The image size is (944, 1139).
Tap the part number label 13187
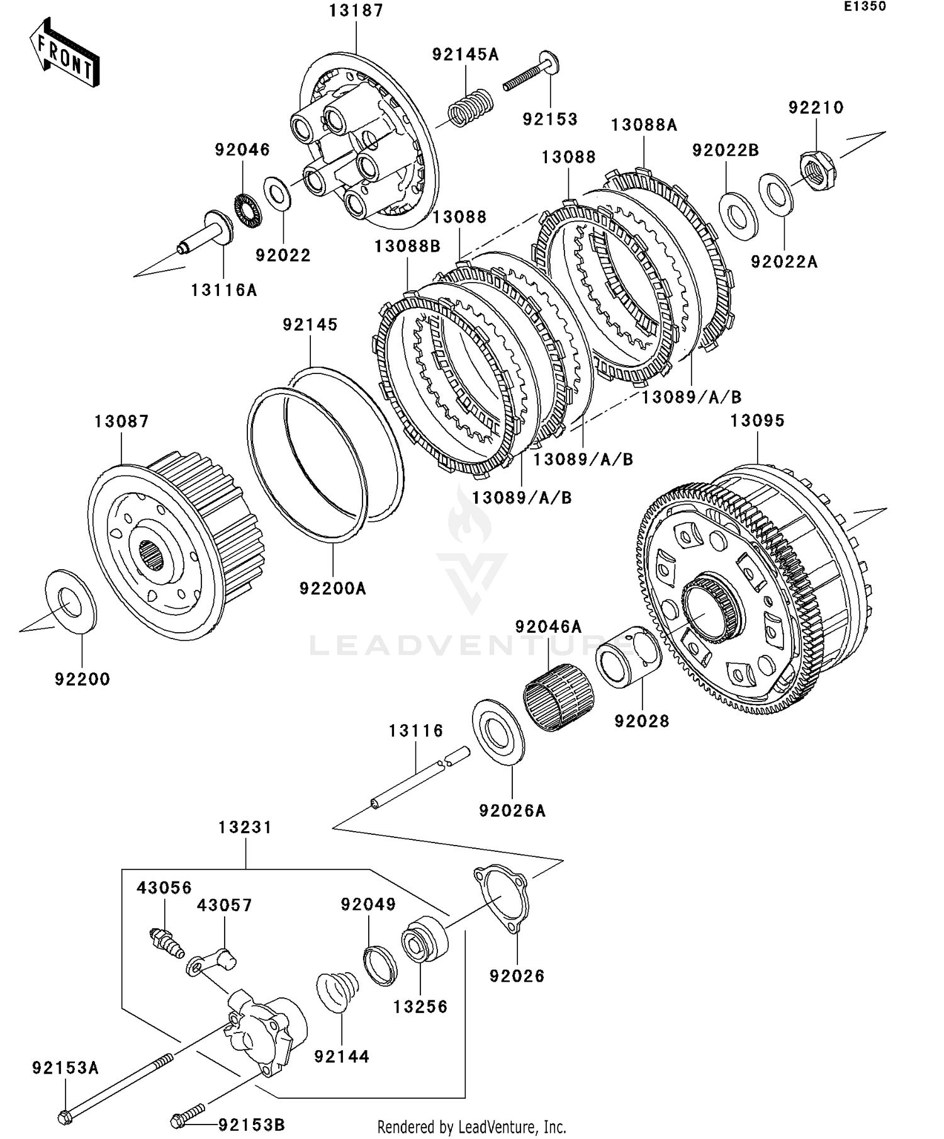(x=356, y=11)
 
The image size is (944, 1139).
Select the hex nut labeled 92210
(x=817, y=170)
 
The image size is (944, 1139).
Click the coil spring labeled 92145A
(x=469, y=108)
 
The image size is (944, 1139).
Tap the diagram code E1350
(x=865, y=6)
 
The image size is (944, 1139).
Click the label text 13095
(x=757, y=421)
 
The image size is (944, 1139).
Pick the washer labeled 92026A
(x=498, y=732)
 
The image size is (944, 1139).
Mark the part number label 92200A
(x=332, y=589)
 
